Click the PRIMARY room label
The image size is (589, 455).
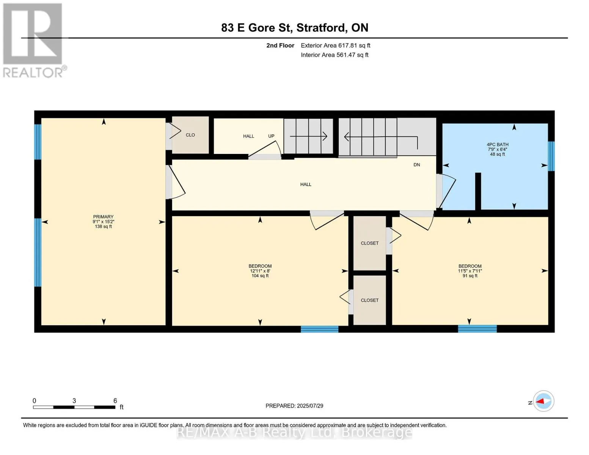coord(103,217)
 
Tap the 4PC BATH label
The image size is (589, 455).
coord(497,144)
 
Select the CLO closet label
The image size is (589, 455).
coord(190,135)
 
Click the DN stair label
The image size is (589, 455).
coord(416,165)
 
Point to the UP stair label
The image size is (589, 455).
coord(271,136)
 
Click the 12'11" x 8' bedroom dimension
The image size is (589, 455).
coord(260,271)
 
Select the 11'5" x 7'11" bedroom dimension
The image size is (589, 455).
coord(470,271)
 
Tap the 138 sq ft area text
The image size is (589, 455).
coord(103,226)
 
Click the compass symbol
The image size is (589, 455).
coord(543,401)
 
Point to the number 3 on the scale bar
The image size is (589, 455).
coord(74,400)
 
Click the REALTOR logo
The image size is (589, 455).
coord(33,41)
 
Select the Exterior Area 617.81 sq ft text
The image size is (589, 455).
coord(335,45)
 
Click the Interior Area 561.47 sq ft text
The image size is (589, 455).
coord(335,55)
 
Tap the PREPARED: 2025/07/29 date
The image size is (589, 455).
coord(294,406)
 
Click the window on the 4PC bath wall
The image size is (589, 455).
coord(551,156)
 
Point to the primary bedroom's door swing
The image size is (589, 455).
coord(177,182)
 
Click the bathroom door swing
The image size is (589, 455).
coord(446,191)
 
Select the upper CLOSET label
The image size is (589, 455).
coord(369,243)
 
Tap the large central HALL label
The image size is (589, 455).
coord(305,184)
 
